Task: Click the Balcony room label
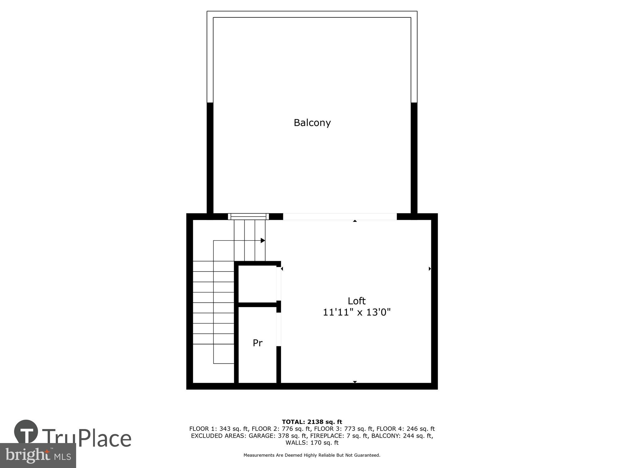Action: coord(312,123)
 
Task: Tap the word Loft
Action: coord(356,301)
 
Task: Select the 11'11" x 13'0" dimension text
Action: coord(356,312)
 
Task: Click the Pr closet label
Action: coord(257,343)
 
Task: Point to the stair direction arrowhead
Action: coord(263,241)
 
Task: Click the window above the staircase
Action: coord(248,217)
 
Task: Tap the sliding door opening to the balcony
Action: coord(339,217)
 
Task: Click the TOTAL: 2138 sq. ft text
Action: coord(312,422)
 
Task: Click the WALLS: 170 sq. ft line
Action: coord(312,442)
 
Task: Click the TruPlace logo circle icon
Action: coord(26,432)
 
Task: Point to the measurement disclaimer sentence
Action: coord(312,455)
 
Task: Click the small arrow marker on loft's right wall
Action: coord(430,269)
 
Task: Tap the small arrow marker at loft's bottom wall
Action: coord(355,382)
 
